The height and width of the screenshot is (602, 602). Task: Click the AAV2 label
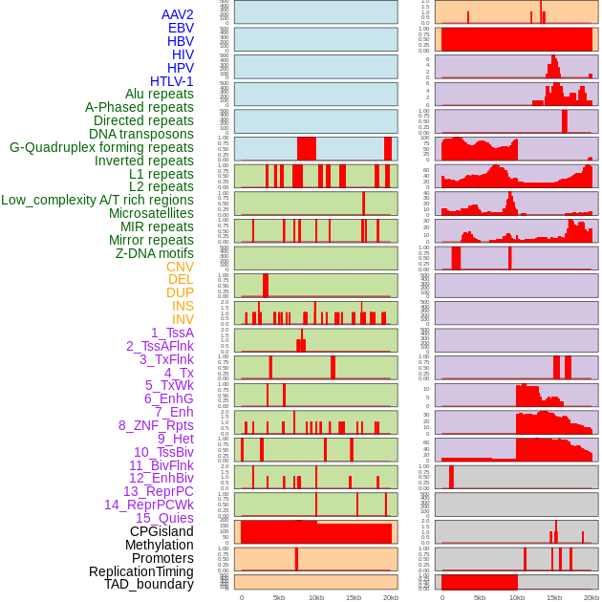[x=177, y=14]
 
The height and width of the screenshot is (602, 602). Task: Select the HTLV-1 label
[x=171, y=81]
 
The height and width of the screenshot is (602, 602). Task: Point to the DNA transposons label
[x=141, y=134]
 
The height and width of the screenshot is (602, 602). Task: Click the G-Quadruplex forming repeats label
[x=101, y=147]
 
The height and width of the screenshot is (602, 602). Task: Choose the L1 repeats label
[x=161, y=174]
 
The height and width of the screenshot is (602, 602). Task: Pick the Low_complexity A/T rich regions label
[x=97, y=200]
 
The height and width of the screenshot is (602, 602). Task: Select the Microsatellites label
[x=151, y=213]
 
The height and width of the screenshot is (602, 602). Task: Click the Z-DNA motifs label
[x=154, y=253]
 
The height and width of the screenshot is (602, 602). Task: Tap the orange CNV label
[x=180, y=267]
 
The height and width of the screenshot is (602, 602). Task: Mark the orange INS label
[x=183, y=306]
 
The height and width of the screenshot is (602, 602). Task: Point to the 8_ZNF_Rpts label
[x=156, y=425]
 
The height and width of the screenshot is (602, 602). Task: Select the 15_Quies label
[x=164, y=518]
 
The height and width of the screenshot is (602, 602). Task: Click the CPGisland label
[x=161, y=531]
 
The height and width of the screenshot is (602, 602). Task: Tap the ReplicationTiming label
[x=140, y=571]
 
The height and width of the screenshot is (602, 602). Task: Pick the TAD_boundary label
[x=149, y=584]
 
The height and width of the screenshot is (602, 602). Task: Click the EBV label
[x=181, y=28]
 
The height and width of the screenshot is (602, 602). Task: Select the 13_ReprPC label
[x=158, y=491]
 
